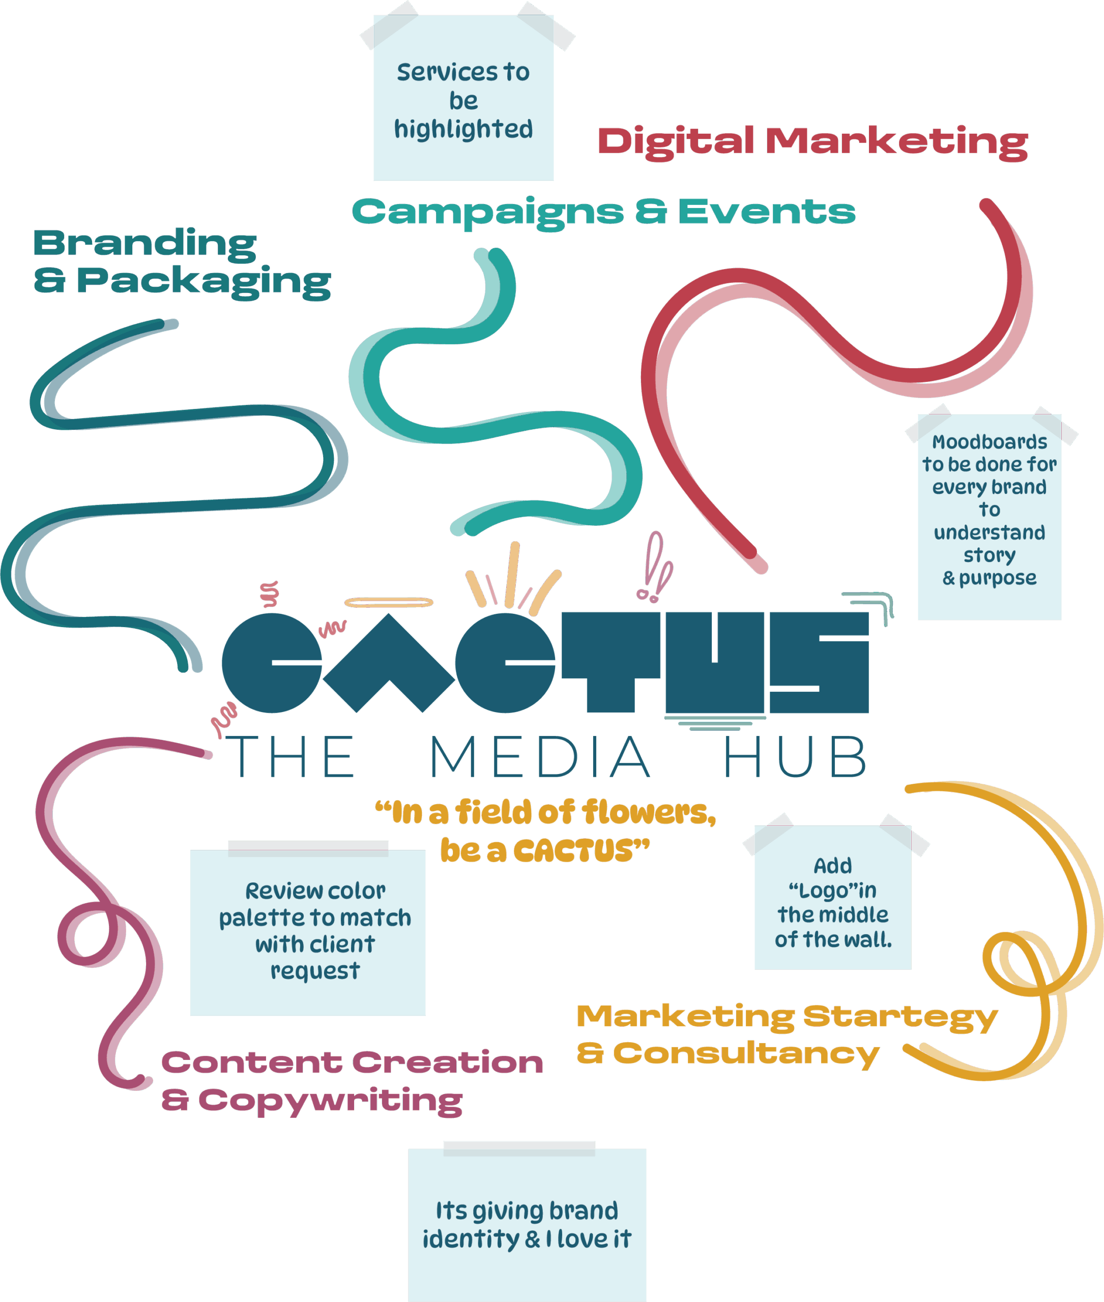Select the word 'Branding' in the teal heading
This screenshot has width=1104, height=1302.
(144, 244)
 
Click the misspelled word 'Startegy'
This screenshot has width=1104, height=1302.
(900, 1017)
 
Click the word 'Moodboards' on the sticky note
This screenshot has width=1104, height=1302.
(989, 442)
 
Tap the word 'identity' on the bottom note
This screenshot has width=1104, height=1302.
(471, 1239)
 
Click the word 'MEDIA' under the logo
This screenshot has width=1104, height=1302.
(540, 758)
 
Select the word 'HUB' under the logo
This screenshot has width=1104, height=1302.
(795, 758)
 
